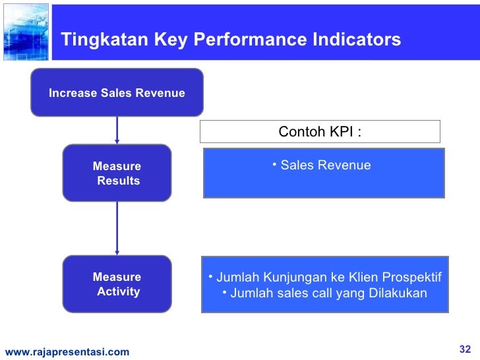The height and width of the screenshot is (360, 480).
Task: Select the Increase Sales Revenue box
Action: coord(117,93)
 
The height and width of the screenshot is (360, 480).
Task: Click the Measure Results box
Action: coord(117,173)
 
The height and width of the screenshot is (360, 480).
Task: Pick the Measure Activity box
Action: coord(117,284)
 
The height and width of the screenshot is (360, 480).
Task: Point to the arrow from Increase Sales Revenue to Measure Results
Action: coord(117,131)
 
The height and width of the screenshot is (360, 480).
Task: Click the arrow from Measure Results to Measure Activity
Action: coord(117,228)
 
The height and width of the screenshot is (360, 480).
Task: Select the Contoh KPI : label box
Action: coord(320,131)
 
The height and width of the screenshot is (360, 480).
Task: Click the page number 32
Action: coord(465,349)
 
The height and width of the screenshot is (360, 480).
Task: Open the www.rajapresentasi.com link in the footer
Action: coord(67,352)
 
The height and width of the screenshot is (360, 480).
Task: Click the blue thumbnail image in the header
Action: coord(25,31)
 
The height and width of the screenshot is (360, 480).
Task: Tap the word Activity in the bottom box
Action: coord(118,291)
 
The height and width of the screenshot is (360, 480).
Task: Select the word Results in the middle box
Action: coord(118,180)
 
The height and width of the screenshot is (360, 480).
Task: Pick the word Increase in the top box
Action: coord(72,93)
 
